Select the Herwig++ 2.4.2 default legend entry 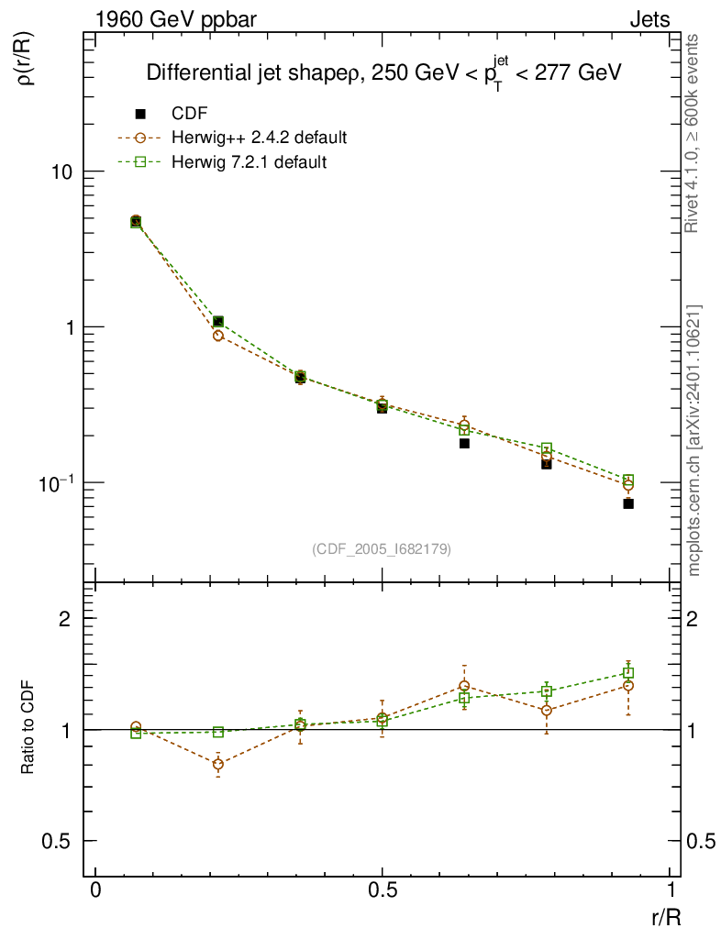pyautogui.click(x=259, y=138)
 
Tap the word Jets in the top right pyautogui.click(x=649, y=19)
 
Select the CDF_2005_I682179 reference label pyautogui.click(x=382, y=549)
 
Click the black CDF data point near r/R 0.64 pyautogui.click(x=464, y=444)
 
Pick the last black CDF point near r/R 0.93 pyautogui.click(x=628, y=503)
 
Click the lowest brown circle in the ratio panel pyautogui.click(x=217, y=764)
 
